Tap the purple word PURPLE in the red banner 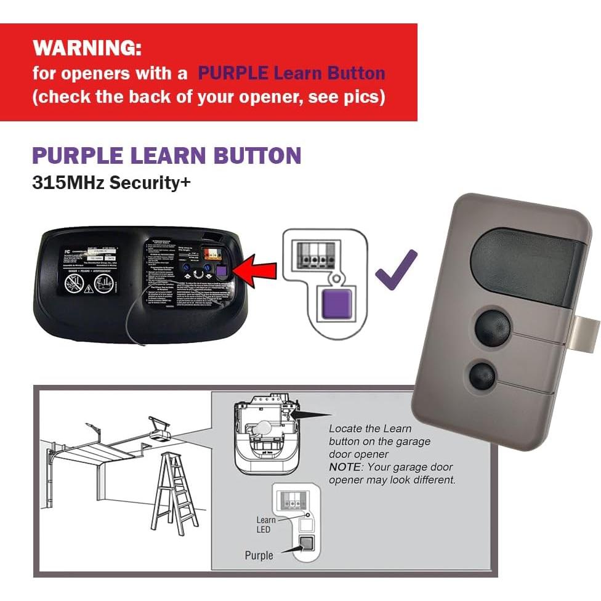[x=233, y=73]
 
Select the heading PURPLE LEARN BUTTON [x=166, y=155]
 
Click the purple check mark [x=395, y=271]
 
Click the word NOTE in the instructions [x=345, y=467]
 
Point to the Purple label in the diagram [x=258, y=555]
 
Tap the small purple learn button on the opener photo [x=223, y=271]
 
